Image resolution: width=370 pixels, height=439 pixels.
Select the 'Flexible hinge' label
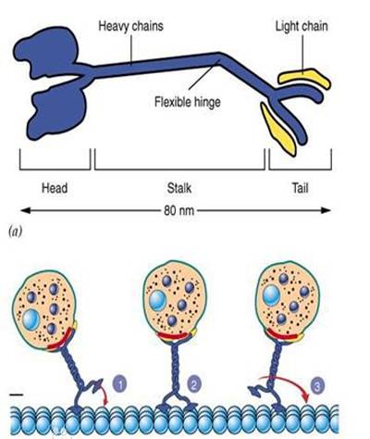tap(188, 100)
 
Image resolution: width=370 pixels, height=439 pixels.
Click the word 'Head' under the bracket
tap(55, 187)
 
